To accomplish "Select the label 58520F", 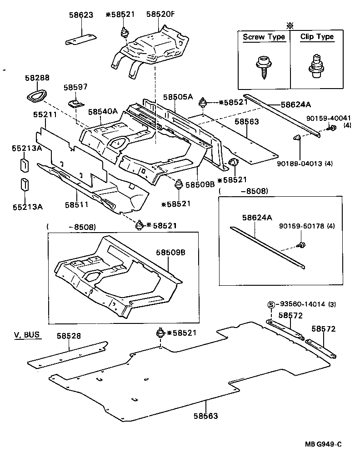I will [x=160, y=15].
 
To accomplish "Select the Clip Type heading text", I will [x=317, y=37].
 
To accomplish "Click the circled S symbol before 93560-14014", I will [x=271, y=304].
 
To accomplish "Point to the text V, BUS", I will [x=26, y=335].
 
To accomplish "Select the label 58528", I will [x=69, y=336].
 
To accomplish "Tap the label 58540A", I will [x=103, y=111].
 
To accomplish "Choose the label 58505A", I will [x=178, y=97].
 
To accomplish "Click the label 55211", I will [x=45, y=115].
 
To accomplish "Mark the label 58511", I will [x=77, y=205].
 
